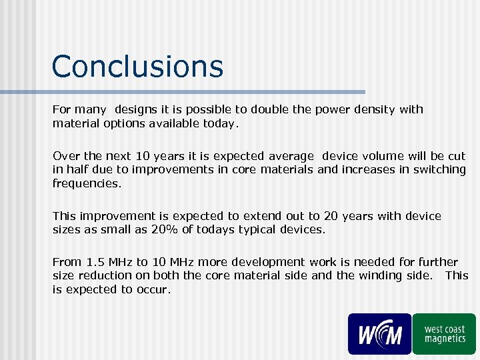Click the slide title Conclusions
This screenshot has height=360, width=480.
pyautogui.click(x=137, y=67)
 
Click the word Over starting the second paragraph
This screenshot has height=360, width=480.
pyautogui.click(x=65, y=156)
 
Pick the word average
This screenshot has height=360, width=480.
pyautogui.click(x=291, y=156)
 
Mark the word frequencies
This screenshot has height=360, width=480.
pyautogui.click(x=87, y=183)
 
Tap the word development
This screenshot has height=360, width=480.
pyautogui.click(x=249, y=263)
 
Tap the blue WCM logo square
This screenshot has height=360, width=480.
pyautogui.click(x=379, y=333)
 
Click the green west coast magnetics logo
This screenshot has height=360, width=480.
pyautogui.click(x=444, y=333)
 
